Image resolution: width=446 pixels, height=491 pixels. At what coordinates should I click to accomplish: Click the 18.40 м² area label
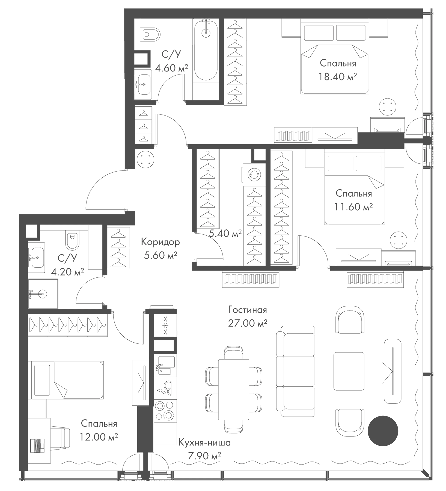[x=338, y=76]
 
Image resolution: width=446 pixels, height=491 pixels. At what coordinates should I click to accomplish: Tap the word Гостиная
[x=248, y=310]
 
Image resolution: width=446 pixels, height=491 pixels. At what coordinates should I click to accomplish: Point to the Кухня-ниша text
[x=204, y=442]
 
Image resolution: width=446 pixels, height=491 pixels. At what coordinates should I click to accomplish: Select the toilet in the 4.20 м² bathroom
[x=72, y=240]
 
